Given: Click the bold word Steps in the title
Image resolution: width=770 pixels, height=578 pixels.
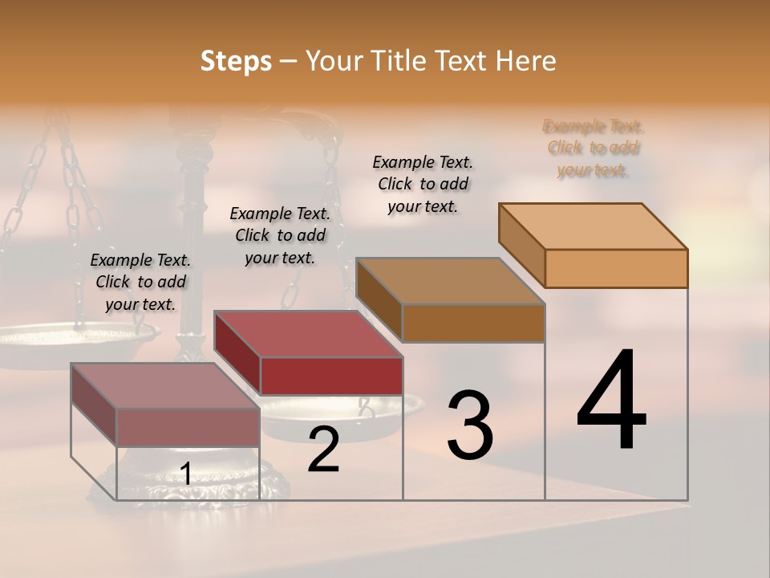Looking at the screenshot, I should coord(236,61).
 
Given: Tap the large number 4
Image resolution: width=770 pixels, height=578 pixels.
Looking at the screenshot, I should coord(611,401).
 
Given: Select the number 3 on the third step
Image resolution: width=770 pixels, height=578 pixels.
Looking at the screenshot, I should coord(470,425).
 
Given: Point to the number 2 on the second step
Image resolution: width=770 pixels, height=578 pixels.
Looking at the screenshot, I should coord(323,450).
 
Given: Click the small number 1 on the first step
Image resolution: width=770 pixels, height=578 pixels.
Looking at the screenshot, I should coord(185,474).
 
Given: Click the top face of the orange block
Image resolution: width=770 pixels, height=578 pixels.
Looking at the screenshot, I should coord(593,226).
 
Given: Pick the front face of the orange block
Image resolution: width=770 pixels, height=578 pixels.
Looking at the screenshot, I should coord(616,268).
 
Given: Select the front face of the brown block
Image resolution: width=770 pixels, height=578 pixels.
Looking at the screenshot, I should coord(473,323).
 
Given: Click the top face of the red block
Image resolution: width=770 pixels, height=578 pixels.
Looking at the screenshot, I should coord(308,334).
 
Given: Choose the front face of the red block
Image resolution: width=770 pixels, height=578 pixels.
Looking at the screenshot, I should coord(331,376).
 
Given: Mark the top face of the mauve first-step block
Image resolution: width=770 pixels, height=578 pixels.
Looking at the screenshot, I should coord(165,386).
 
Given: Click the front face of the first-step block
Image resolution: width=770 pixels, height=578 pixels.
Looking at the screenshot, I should coord(188,427).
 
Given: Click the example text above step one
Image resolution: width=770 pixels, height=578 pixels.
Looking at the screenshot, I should coord(140,282).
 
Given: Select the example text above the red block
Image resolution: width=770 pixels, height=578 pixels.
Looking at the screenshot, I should coord(280,235).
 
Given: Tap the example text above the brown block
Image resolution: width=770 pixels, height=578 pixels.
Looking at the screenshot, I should coord(423,184).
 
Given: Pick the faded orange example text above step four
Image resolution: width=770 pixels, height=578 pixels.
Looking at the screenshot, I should coord(594,148).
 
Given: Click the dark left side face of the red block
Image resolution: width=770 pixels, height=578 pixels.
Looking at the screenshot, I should coord(237,353).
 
